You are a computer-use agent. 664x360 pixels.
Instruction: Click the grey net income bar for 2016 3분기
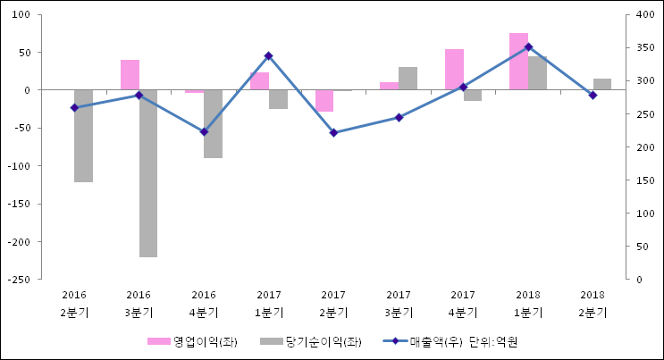pos(148,173)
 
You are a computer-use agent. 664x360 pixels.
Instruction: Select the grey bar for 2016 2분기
pos(83,136)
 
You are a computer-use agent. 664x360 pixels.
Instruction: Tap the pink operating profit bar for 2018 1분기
pos(518,61)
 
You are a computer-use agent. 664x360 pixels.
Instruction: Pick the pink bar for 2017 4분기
pos(454,70)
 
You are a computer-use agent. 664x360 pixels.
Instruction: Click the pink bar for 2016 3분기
pos(130,75)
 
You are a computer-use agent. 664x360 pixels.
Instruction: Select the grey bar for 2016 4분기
pos(213,123)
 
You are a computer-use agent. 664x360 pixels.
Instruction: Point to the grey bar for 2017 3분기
pos(408,79)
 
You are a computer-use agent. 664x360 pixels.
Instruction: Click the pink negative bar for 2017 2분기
pos(324,101)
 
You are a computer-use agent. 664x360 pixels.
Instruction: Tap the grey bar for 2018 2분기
pos(602,84)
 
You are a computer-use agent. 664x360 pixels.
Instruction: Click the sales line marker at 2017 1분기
pos(269,55)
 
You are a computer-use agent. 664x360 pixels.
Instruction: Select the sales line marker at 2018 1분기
pos(528,46)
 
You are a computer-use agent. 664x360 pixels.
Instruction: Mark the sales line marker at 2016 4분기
pos(204,131)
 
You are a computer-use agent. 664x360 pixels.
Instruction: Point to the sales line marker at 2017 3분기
pos(399,117)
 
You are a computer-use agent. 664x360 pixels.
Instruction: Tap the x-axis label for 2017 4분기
pos(463,304)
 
